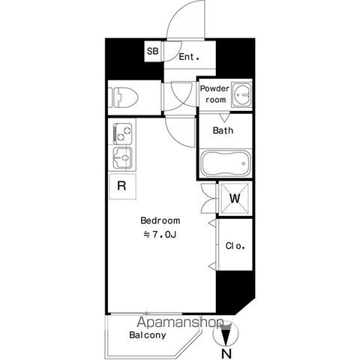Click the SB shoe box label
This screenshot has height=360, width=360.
tap(152, 51)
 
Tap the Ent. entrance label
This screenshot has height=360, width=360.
tap(189, 57)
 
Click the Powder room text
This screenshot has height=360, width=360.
tap(214, 94)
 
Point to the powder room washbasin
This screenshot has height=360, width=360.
tap(241, 95)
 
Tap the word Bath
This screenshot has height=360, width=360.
tap(223, 130)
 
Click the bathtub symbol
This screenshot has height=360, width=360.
tap(226, 163)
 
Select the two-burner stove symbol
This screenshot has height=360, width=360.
tap(122, 133)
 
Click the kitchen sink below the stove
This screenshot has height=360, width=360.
tap(122, 157)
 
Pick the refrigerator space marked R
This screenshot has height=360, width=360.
tap(122, 186)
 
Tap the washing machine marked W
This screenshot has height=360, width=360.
tap(235, 199)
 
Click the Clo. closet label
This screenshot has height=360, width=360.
tap(235, 246)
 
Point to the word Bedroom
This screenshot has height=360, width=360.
tap(160, 220)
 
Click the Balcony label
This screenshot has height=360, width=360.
tap(148, 335)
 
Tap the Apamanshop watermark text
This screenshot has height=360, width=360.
tap(180, 322)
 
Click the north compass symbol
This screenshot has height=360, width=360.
tap(226, 334)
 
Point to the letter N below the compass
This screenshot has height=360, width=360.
tap(226, 354)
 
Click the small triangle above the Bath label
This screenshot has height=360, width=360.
tap(224, 118)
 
